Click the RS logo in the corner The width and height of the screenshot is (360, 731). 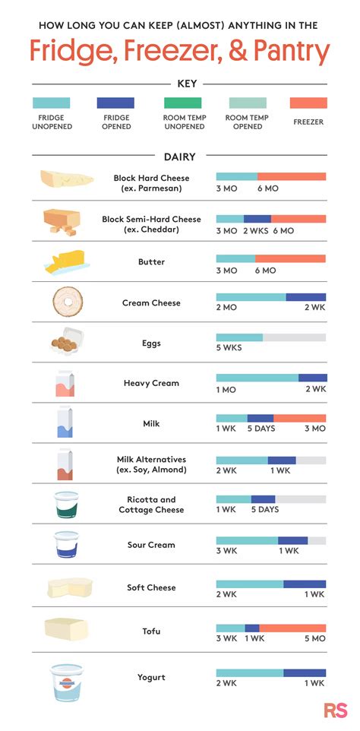[x=336, y=710]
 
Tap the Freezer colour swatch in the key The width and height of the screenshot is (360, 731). [x=308, y=103]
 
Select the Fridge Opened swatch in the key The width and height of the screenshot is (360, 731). [x=115, y=103]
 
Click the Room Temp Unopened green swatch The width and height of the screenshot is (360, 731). [x=182, y=103]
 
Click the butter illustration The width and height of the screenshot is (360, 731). [x=66, y=262]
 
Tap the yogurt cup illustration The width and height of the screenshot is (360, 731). [x=67, y=681]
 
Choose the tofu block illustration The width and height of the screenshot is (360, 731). [x=66, y=628]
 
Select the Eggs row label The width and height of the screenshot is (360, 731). [x=151, y=343]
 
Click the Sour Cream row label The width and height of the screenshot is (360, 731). [x=151, y=545]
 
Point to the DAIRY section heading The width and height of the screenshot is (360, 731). [x=180, y=157]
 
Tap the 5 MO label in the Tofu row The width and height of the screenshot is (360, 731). [x=314, y=638]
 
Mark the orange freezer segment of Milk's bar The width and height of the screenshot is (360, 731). [x=299, y=418]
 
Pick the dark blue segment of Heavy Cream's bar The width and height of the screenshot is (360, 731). [x=312, y=378]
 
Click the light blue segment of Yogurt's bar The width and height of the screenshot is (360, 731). [x=249, y=672]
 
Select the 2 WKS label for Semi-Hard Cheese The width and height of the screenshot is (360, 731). [x=256, y=230]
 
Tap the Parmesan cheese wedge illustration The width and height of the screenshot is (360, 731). [x=66, y=179]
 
